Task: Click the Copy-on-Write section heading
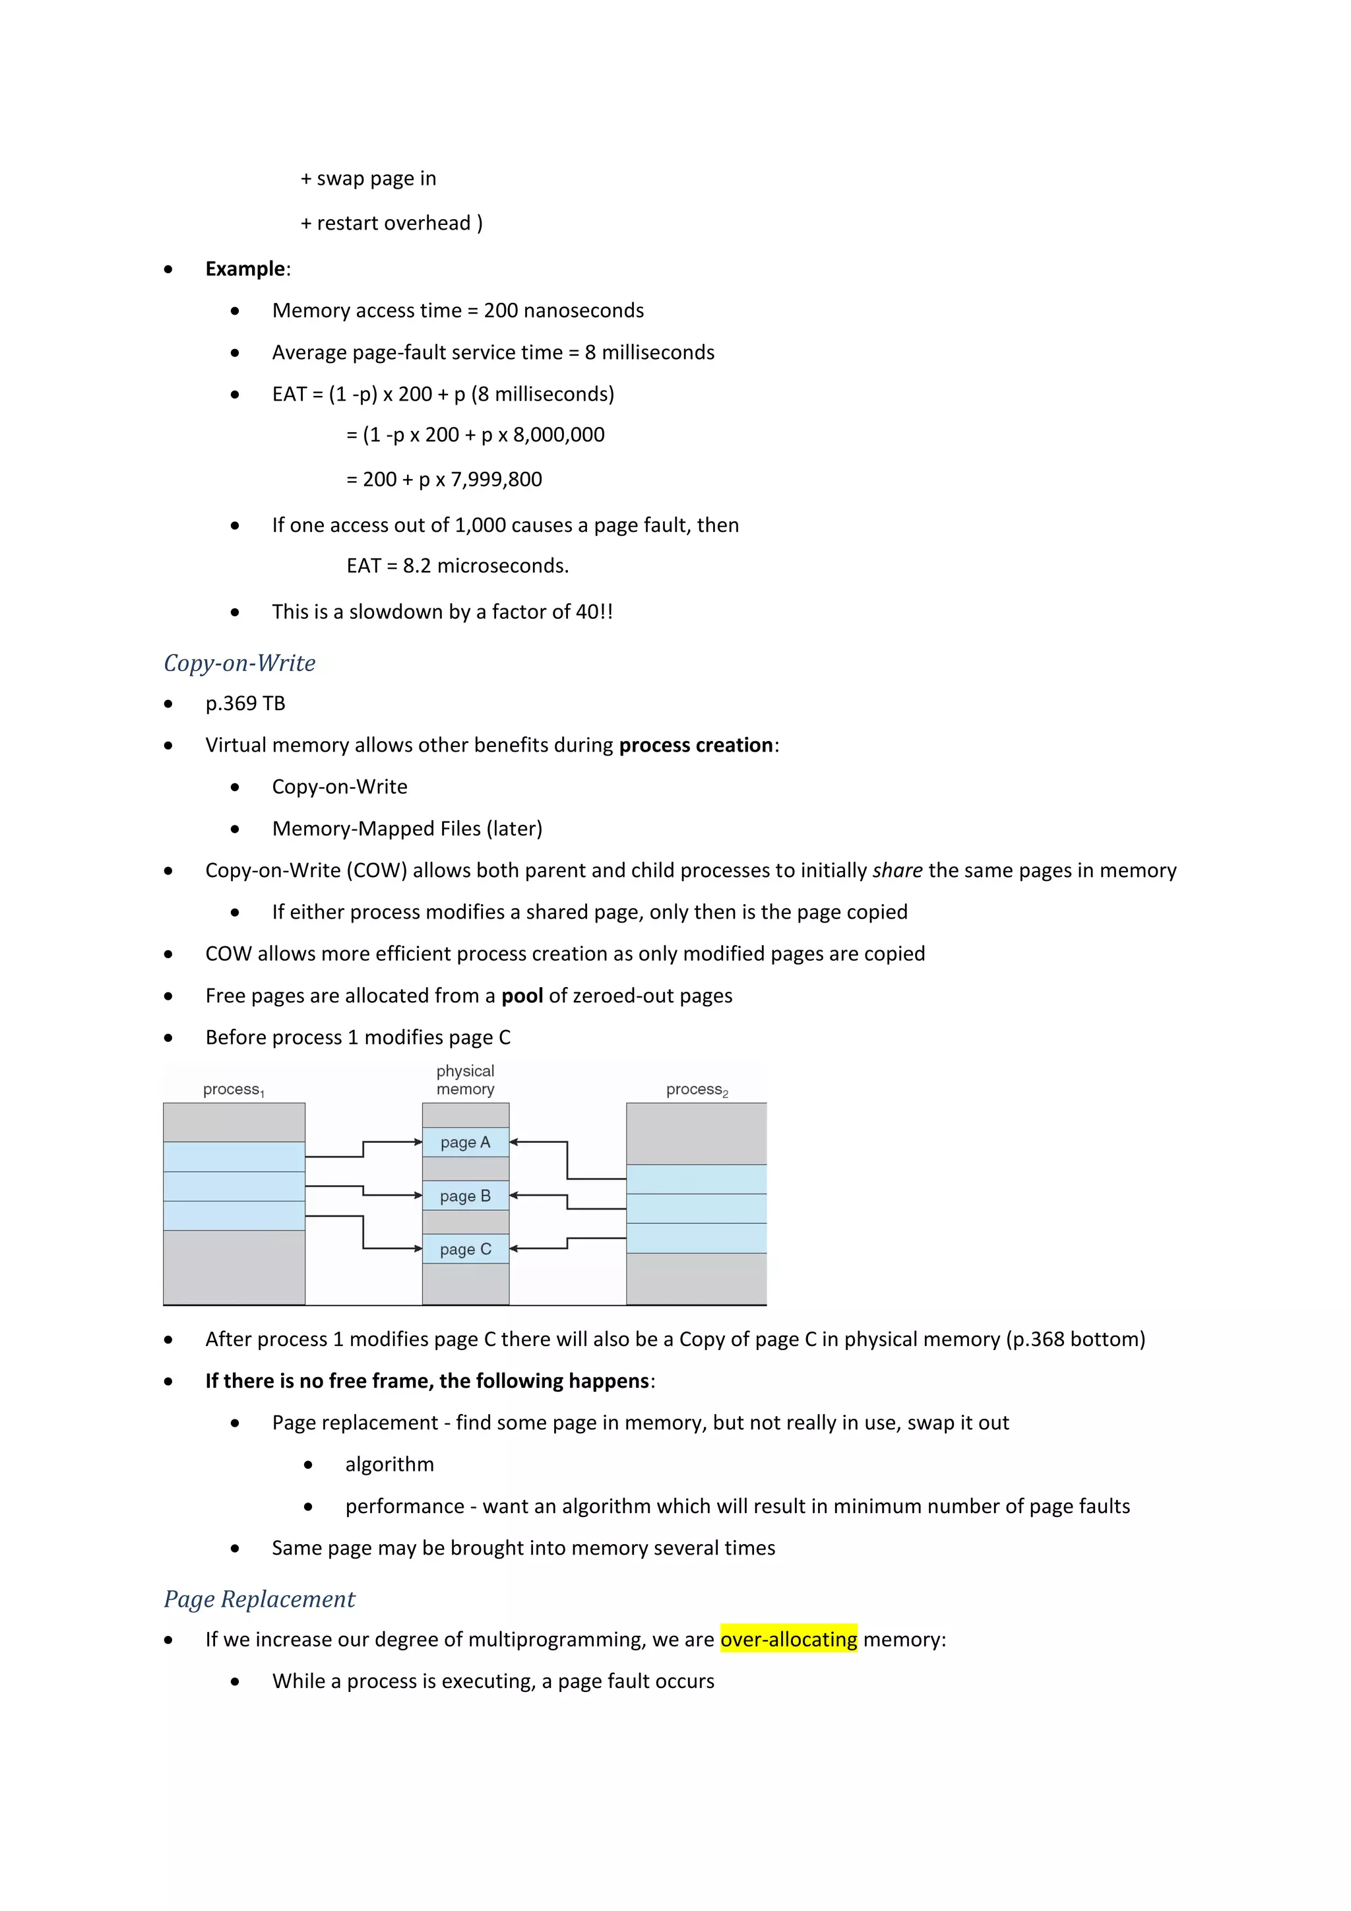click(239, 663)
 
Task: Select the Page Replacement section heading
click(259, 1599)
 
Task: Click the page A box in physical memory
click(465, 1142)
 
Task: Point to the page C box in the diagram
click(465, 1248)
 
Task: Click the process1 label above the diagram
click(233, 1089)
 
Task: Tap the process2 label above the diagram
click(697, 1089)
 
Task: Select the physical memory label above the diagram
click(465, 1080)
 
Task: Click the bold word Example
click(245, 269)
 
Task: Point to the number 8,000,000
click(558, 434)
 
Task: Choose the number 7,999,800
click(496, 480)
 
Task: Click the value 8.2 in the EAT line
click(417, 566)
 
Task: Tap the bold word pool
click(522, 996)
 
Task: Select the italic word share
click(896, 870)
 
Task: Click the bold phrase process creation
click(695, 745)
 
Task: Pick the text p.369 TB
click(245, 703)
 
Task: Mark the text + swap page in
click(369, 178)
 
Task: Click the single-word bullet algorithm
click(389, 1464)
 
